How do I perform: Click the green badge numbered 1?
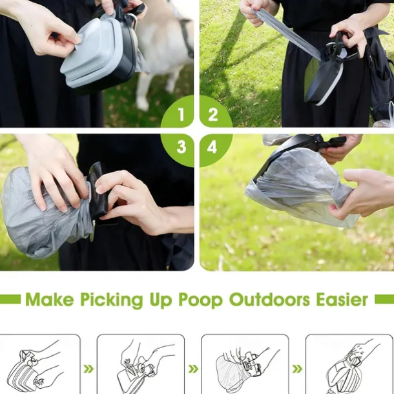pos(179,112)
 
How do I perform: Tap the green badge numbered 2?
pos(215,112)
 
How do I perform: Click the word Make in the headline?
pos(50,299)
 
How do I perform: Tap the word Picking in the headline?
pos(112,300)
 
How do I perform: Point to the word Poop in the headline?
pos(200,300)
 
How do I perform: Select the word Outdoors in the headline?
pos(269,299)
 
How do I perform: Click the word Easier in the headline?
pos(342,299)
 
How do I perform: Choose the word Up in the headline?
pos(161,300)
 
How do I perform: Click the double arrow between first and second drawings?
pos(88,369)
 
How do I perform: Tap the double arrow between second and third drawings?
pos(193,369)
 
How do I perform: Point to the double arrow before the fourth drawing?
pos(297,369)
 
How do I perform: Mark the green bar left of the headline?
pos(10,299)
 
